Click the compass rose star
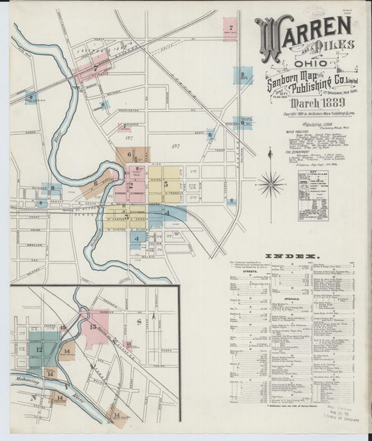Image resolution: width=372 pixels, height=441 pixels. coord(271,184)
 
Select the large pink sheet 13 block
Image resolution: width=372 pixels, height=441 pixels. coord(96,328)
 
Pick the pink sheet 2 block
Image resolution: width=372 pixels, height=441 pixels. coord(131,185)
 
